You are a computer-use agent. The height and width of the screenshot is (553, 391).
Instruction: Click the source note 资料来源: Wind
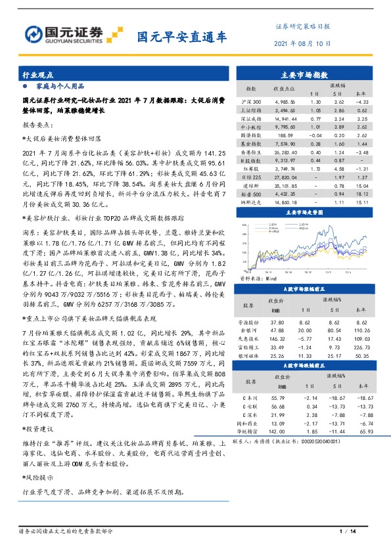248,278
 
